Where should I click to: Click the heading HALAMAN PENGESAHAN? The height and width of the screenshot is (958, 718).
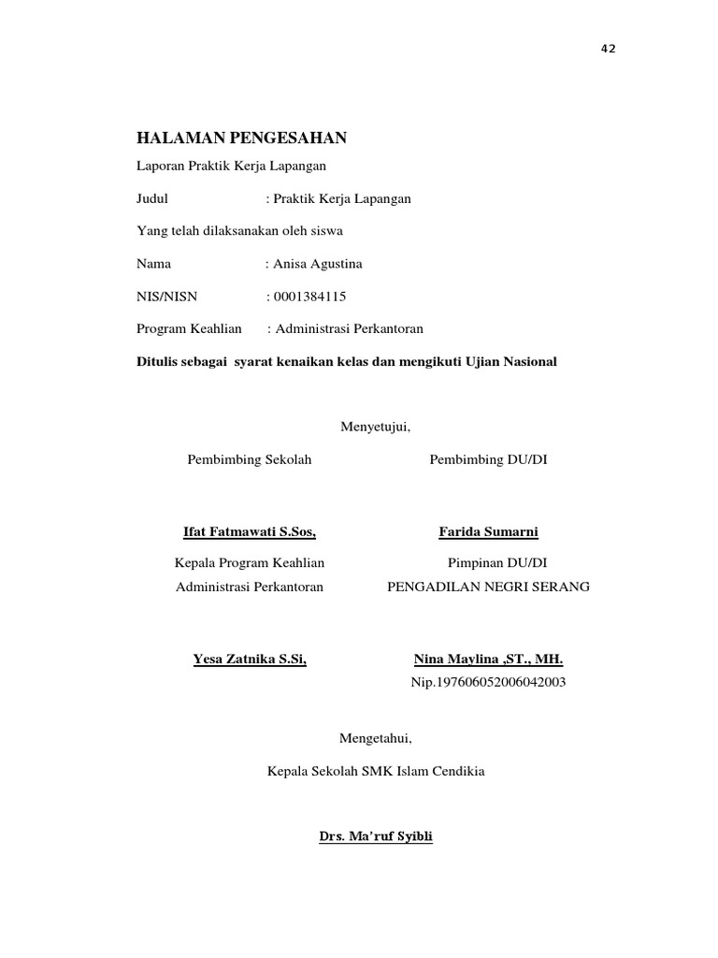(x=242, y=138)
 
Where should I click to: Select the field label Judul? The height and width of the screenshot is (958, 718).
(x=152, y=199)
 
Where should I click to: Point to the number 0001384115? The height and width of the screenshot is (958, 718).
(x=309, y=297)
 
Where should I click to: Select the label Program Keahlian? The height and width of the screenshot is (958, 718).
(x=190, y=328)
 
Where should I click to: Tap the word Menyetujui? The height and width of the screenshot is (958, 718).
(x=376, y=427)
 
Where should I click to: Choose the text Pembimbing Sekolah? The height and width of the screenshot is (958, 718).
(x=250, y=459)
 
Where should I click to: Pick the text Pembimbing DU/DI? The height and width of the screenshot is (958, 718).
(x=489, y=459)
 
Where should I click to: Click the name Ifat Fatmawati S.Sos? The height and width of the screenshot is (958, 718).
(x=250, y=532)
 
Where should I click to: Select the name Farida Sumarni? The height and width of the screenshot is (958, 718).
(x=489, y=532)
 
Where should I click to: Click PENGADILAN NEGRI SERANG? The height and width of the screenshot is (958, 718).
(x=489, y=587)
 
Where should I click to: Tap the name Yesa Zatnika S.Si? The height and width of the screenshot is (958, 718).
(x=250, y=659)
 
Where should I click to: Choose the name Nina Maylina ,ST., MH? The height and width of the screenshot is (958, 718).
(x=489, y=659)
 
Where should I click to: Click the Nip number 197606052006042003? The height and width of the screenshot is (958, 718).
(x=489, y=682)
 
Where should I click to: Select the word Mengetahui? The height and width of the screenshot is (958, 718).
(x=375, y=738)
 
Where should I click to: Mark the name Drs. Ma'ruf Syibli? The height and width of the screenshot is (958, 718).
(x=375, y=835)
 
